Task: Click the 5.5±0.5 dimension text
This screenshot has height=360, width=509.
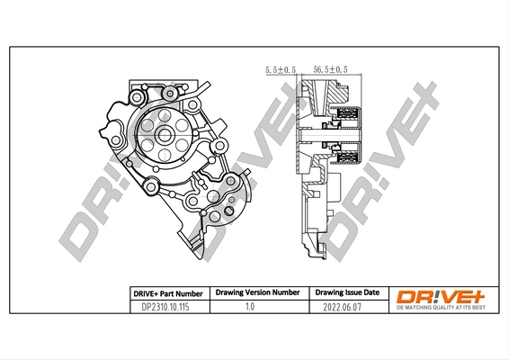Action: pos(281,68)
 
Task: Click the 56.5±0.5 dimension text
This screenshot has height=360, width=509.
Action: pos(329,68)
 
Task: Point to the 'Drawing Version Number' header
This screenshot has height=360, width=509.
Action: pos(257,293)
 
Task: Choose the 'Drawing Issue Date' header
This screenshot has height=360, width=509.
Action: pos(346,293)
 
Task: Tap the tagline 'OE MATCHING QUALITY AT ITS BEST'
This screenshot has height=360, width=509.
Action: pos(436,308)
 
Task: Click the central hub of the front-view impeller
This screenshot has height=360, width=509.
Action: pos(165,135)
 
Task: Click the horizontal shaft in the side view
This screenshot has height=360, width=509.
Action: pos(324,138)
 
